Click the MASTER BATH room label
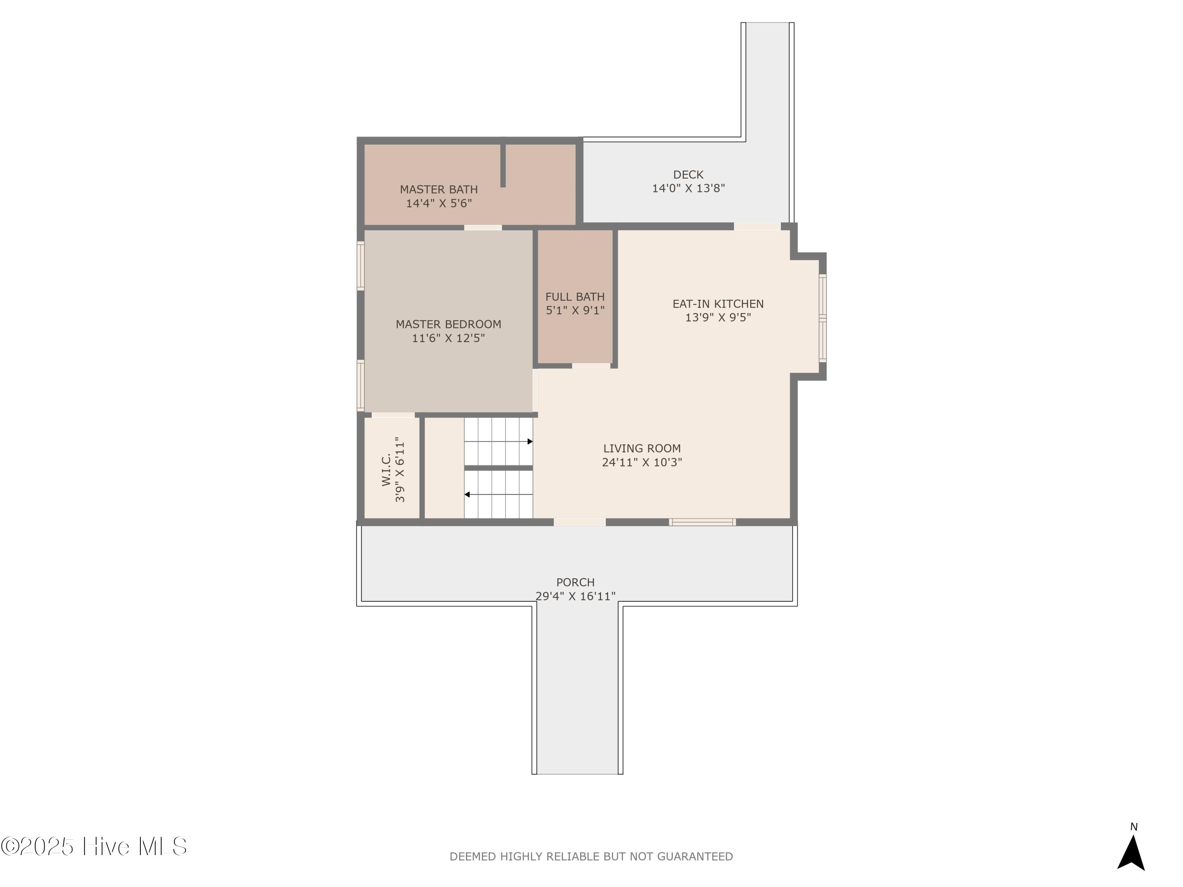pyautogui.click(x=438, y=189)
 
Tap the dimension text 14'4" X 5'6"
pyautogui.click(x=438, y=203)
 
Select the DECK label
pyautogui.click(x=688, y=175)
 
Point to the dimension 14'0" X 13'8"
pyautogui.click(x=688, y=188)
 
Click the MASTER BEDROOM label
pyautogui.click(x=448, y=324)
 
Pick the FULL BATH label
pyautogui.click(x=575, y=297)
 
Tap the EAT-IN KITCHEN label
pyautogui.click(x=718, y=304)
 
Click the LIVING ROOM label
pyautogui.click(x=642, y=449)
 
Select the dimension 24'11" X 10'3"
pyautogui.click(x=642, y=462)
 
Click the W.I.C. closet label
pyautogui.click(x=386, y=470)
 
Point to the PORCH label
pyautogui.click(x=575, y=582)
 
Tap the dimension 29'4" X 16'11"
pyautogui.click(x=575, y=596)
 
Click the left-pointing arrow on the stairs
pyautogui.click(x=498, y=495)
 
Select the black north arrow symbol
pyautogui.click(x=1131, y=852)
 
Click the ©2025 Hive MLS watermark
pyautogui.click(x=94, y=846)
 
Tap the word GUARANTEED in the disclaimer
pyautogui.click(x=695, y=857)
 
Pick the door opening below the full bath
pyautogui.click(x=591, y=366)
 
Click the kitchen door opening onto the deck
pyautogui.click(x=757, y=227)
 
